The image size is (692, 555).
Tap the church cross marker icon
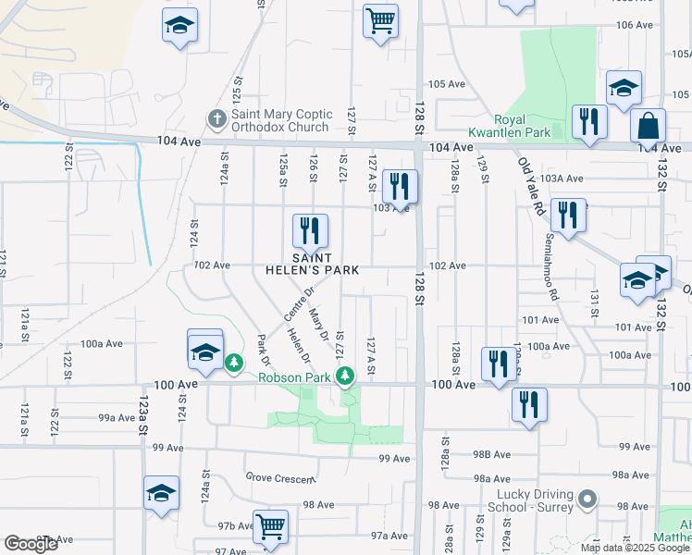(x=216, y=119)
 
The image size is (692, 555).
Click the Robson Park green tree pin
(x=345, y=375)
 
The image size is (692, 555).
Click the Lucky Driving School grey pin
(x=586, y=500)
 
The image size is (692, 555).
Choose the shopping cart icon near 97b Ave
(x=270, y=526)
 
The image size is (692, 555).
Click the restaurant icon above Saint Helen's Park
(x=310, y=230)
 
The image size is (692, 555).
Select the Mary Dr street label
(x=320, y=323)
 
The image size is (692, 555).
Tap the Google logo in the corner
(x=31, y=544)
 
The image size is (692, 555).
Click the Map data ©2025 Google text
(x=635, y=548)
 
